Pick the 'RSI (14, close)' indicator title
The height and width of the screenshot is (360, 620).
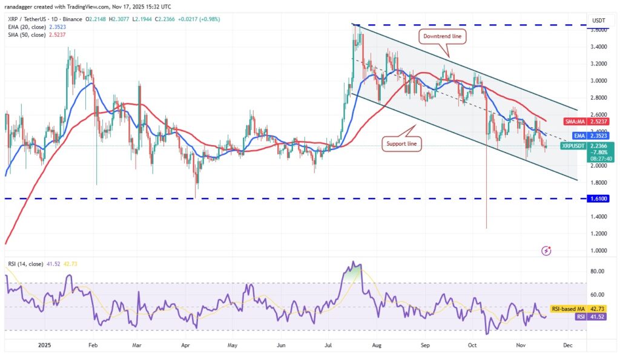[x=25, y=264]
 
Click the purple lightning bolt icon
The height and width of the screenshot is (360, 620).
[x=547, y=250]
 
